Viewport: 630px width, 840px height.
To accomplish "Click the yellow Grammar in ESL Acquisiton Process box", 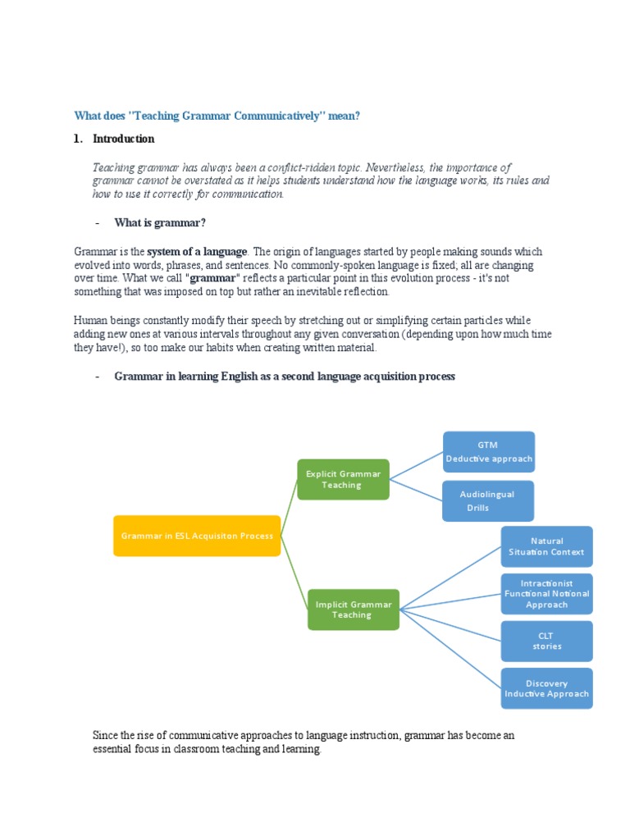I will tap(197, 536).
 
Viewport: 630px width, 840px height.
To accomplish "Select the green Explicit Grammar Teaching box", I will tap(343, 479).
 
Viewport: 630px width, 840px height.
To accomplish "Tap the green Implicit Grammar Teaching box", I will tap(353, 609).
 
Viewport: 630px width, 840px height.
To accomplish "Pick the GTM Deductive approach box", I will tap(489, 452).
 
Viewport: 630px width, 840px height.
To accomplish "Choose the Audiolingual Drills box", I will tap(488, 501).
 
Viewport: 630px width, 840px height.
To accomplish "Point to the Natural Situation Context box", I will tap(546, 546).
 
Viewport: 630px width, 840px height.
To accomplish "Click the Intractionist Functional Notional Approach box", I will tap(546, 593).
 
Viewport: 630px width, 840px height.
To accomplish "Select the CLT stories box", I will tap(546, 641).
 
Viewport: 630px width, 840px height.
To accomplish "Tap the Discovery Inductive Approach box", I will tap(546, 688).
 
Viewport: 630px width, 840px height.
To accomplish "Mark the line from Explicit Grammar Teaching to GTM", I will tap(417, 465).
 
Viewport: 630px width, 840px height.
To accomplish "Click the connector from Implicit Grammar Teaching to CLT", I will tap(450, 623).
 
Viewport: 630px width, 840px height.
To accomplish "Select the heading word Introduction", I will tap(123, 139).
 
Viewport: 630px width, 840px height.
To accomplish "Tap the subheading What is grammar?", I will tap(160, 222).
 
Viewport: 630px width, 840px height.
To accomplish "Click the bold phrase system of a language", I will tap(197, 252).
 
